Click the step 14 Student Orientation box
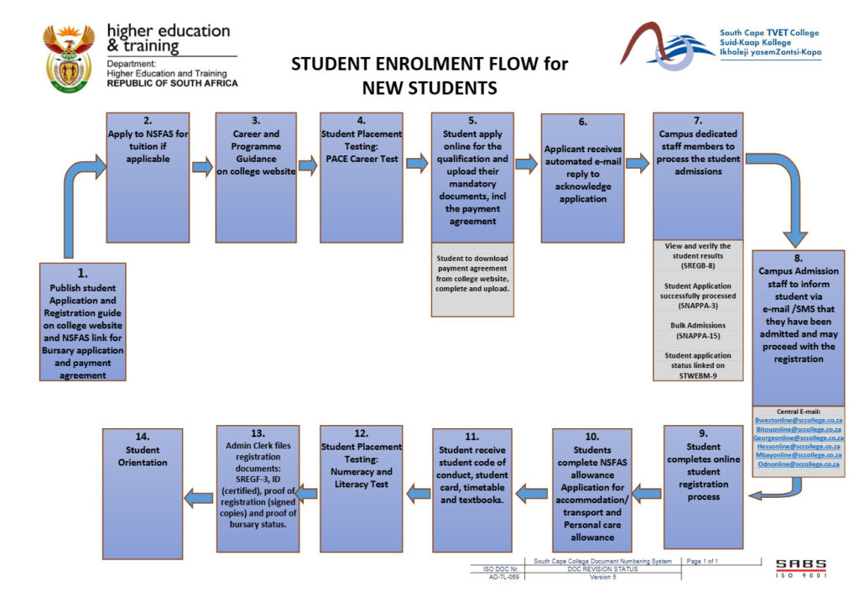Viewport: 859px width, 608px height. tap(143, 493)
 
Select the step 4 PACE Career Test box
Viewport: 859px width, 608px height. tap(362, 177)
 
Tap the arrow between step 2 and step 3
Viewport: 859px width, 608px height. tap(202, 167)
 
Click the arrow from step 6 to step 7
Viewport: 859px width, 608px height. tap(638, 164)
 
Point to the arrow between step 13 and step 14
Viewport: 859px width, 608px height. tap(199, 498)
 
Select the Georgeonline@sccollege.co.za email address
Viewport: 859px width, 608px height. tap(798, 438)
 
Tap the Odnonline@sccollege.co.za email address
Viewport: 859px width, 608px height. tap(798, 464)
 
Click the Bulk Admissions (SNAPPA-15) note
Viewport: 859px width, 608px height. tap(697, 329)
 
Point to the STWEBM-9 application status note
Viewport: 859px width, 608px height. tap(697, 364)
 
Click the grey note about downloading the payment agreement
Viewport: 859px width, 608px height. tap(471, 272)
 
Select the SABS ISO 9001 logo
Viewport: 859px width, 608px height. tap(800, 568)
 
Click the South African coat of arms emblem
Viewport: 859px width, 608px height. tap(69, 56)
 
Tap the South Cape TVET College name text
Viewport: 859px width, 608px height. tap(768, 34)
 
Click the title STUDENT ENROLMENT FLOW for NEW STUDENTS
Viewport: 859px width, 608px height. tap(429, 76)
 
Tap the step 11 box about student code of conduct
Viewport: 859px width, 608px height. tap(471, 490)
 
